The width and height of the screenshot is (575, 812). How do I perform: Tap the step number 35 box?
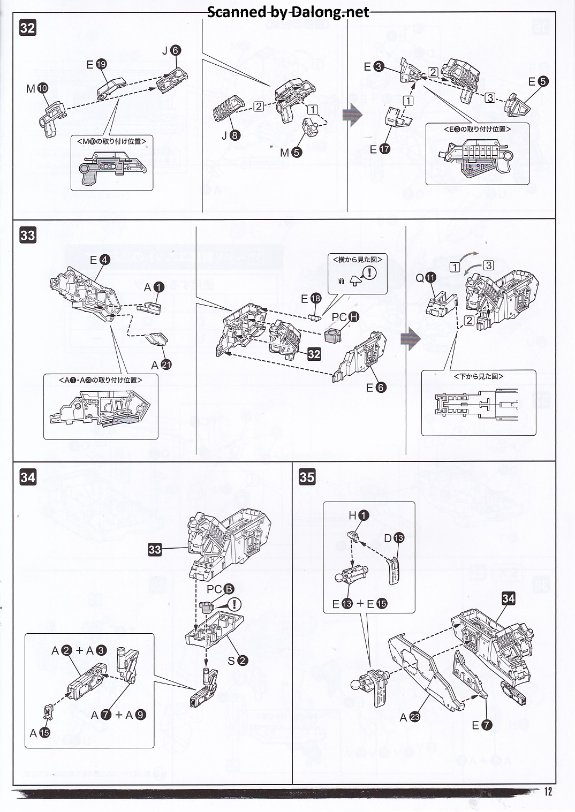pos(307,476)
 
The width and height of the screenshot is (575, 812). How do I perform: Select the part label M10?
pos(37,88)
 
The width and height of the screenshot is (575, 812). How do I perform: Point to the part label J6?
pos(171,50)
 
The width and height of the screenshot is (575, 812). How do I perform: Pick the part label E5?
pos(538,81)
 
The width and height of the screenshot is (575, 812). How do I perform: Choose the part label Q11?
pos(426,277)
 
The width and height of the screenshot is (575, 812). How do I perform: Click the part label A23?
pos(410,717)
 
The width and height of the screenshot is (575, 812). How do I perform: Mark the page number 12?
pos(547,792)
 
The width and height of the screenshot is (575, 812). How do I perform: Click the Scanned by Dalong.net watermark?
pos(287,12)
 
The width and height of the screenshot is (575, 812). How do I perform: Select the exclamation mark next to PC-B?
pos(234,604)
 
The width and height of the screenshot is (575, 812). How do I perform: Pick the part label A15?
pos(40,733)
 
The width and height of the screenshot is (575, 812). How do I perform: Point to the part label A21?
pos(161,365)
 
